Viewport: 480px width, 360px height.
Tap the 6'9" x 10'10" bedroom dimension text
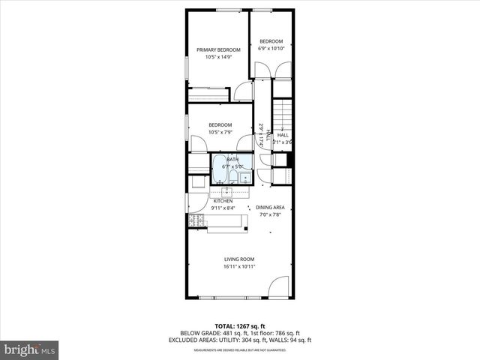(x=271, y=48)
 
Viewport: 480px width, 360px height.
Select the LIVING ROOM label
(x=239, y=259)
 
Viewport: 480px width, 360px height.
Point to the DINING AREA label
(x=271, y=207)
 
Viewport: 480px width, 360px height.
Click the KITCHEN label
(x=223, y=201)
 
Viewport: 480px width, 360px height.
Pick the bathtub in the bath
(x=219, y=169)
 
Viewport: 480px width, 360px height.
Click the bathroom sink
(x=245, y=178)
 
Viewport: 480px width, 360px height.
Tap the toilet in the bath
(x=233, y=177)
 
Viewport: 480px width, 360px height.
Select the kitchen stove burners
(x=196, y=220)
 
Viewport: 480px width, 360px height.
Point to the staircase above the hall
(x=282, y=116)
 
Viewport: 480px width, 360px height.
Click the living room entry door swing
(x=278, y=287)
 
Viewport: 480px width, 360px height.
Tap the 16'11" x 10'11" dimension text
(x=239, y=266)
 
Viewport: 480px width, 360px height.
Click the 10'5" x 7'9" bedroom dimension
(x=220, y=132)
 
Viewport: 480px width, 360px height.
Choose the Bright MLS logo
(x=29, y=349)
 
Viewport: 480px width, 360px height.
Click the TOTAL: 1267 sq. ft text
(x=239, y=326)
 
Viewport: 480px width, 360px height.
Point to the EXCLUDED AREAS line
(x=239, y=340)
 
